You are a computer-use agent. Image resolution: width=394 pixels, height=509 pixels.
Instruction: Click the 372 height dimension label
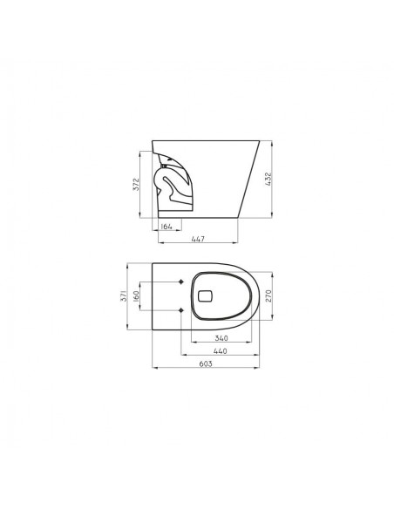[x=136, y=184]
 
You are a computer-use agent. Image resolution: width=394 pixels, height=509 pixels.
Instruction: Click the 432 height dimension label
[x=268, y=179]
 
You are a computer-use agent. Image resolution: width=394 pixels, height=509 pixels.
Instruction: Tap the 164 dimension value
[x=166, y=227]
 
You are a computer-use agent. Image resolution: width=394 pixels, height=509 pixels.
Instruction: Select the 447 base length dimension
[x=198, y=239]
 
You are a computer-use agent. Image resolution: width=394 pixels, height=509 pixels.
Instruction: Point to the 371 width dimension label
[x=124, y=296]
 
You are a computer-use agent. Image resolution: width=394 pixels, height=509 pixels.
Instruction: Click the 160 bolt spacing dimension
[x=136, y=295]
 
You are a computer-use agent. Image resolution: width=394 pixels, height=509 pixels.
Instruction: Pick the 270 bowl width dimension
[x=268, y=295]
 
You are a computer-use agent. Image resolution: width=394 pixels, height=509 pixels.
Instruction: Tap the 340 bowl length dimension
[x=221, y=338]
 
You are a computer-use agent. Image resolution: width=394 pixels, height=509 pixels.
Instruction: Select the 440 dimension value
[x=221, y=351]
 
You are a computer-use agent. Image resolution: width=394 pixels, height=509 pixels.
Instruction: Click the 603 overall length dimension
[x=206, y=364]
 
